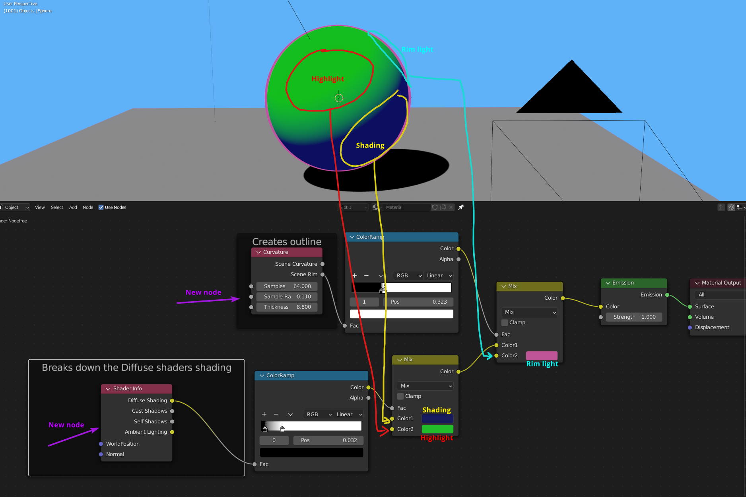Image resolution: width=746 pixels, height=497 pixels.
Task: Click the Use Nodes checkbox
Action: tap(101, 207)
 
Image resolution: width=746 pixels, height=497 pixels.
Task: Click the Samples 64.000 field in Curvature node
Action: tap(287, 286)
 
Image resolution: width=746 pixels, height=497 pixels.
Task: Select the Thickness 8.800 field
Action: tap(287, 307)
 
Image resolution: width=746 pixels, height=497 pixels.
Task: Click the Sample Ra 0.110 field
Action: tap(287, 296)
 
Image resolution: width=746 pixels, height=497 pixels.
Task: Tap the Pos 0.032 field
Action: tap(328, 440)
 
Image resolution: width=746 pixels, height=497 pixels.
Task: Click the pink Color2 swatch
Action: tap(542, 355)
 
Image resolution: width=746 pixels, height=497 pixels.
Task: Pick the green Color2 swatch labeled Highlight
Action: tap(437, 429)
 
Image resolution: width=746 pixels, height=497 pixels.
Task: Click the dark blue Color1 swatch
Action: tap(437, 419)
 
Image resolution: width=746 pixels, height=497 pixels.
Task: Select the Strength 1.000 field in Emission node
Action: tap(634, 317)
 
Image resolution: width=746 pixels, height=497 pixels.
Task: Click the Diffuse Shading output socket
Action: tap(172, 401)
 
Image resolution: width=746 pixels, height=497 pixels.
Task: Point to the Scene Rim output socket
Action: tap(322, 275)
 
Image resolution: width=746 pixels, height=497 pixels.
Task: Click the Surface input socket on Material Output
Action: tap(690, 306)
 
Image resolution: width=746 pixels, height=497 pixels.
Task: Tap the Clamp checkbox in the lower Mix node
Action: tap(401, 396)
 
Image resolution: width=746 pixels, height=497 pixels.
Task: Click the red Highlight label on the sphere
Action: tap(328, 79)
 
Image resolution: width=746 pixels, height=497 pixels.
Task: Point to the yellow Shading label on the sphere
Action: tap(370, 145)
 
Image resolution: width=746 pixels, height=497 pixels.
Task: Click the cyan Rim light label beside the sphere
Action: tap(417, 49)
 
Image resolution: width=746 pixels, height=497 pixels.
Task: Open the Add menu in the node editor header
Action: tap(73, 207)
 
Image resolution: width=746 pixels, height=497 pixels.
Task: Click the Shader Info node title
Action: tap(127, 388)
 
